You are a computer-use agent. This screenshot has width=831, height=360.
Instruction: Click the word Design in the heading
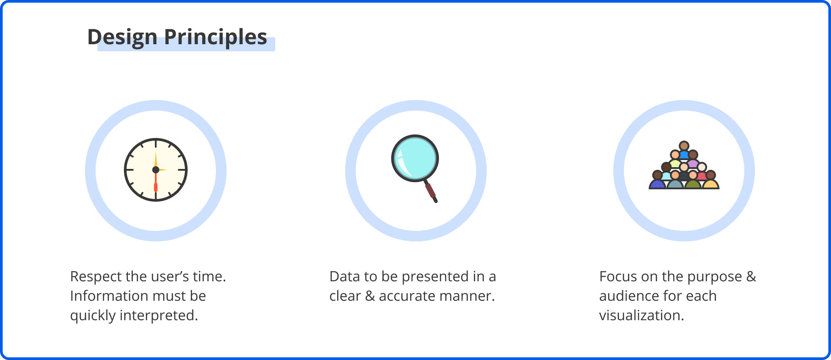pos(122,37)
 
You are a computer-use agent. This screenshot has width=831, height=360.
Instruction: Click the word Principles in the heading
pos(215,37)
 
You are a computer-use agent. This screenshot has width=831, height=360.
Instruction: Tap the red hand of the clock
pos(156,181)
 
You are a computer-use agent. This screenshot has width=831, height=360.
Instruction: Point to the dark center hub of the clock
pos(156,170)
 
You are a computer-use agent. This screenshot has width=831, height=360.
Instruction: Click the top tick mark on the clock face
pos(156,144)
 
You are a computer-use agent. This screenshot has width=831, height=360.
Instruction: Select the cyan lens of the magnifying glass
pos(415,158)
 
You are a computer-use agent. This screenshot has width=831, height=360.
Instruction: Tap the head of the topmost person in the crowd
pos(684,146)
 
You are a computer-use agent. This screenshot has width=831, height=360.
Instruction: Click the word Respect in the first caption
pos(96,277)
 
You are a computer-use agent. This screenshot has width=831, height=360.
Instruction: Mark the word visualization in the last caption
pos(642,315)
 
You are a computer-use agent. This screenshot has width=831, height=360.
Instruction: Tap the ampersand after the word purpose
pos(751,276)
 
